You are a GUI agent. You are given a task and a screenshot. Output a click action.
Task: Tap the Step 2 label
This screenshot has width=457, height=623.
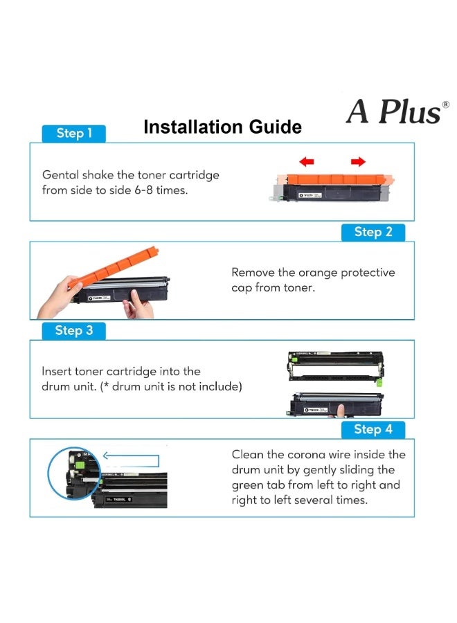(373, 232)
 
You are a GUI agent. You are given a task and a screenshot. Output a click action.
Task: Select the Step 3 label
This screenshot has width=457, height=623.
(74, 330)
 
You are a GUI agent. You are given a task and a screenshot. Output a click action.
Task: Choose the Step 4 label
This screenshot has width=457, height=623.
(373, 429)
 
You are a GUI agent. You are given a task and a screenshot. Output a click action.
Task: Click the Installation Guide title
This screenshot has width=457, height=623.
(222, 127)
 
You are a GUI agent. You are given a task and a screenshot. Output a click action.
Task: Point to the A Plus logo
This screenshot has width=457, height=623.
(393, 111)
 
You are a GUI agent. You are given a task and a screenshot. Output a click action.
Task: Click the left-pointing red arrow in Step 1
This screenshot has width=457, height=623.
(307, 162)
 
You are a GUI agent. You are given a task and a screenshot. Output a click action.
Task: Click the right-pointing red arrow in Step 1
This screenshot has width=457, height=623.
(358, 162)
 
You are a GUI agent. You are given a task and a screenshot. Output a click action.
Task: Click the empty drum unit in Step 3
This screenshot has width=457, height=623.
(335, 368)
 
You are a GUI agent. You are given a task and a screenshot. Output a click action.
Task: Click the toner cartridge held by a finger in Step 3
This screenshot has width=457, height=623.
(335, 404)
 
